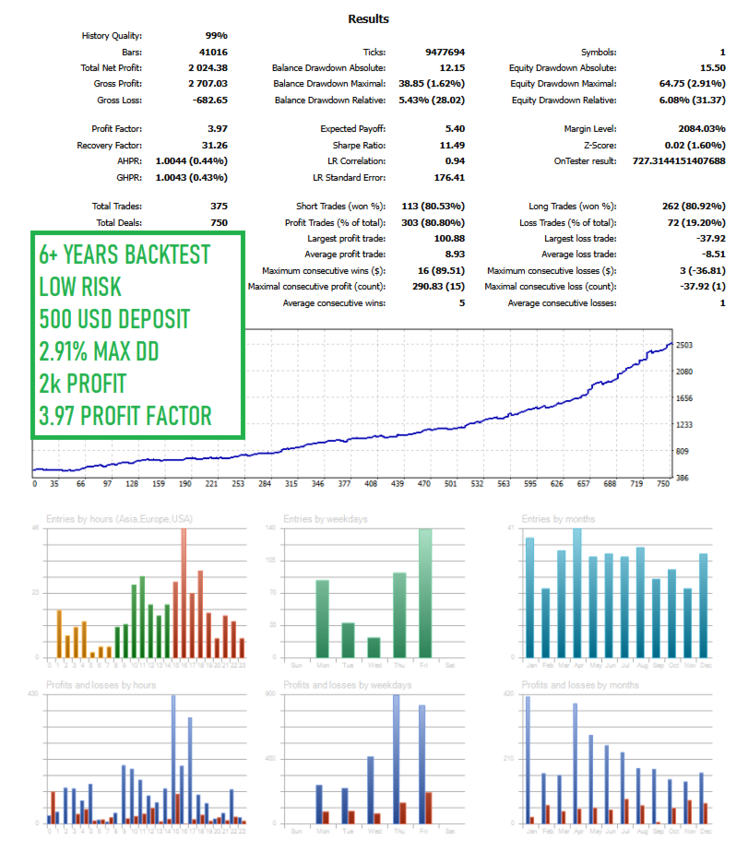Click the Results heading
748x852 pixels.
point(368,18)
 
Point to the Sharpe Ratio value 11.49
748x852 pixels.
point(451,146)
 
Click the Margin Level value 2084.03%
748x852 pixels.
point(699,129)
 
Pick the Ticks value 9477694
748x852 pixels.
point(445,53)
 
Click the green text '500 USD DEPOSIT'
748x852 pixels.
point(114,319)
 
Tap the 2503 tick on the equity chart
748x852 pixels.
point(684,345)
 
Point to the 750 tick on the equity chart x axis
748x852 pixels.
point(663,483)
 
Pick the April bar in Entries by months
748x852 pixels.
point(577,593)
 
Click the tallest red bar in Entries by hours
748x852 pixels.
point(184,593)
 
